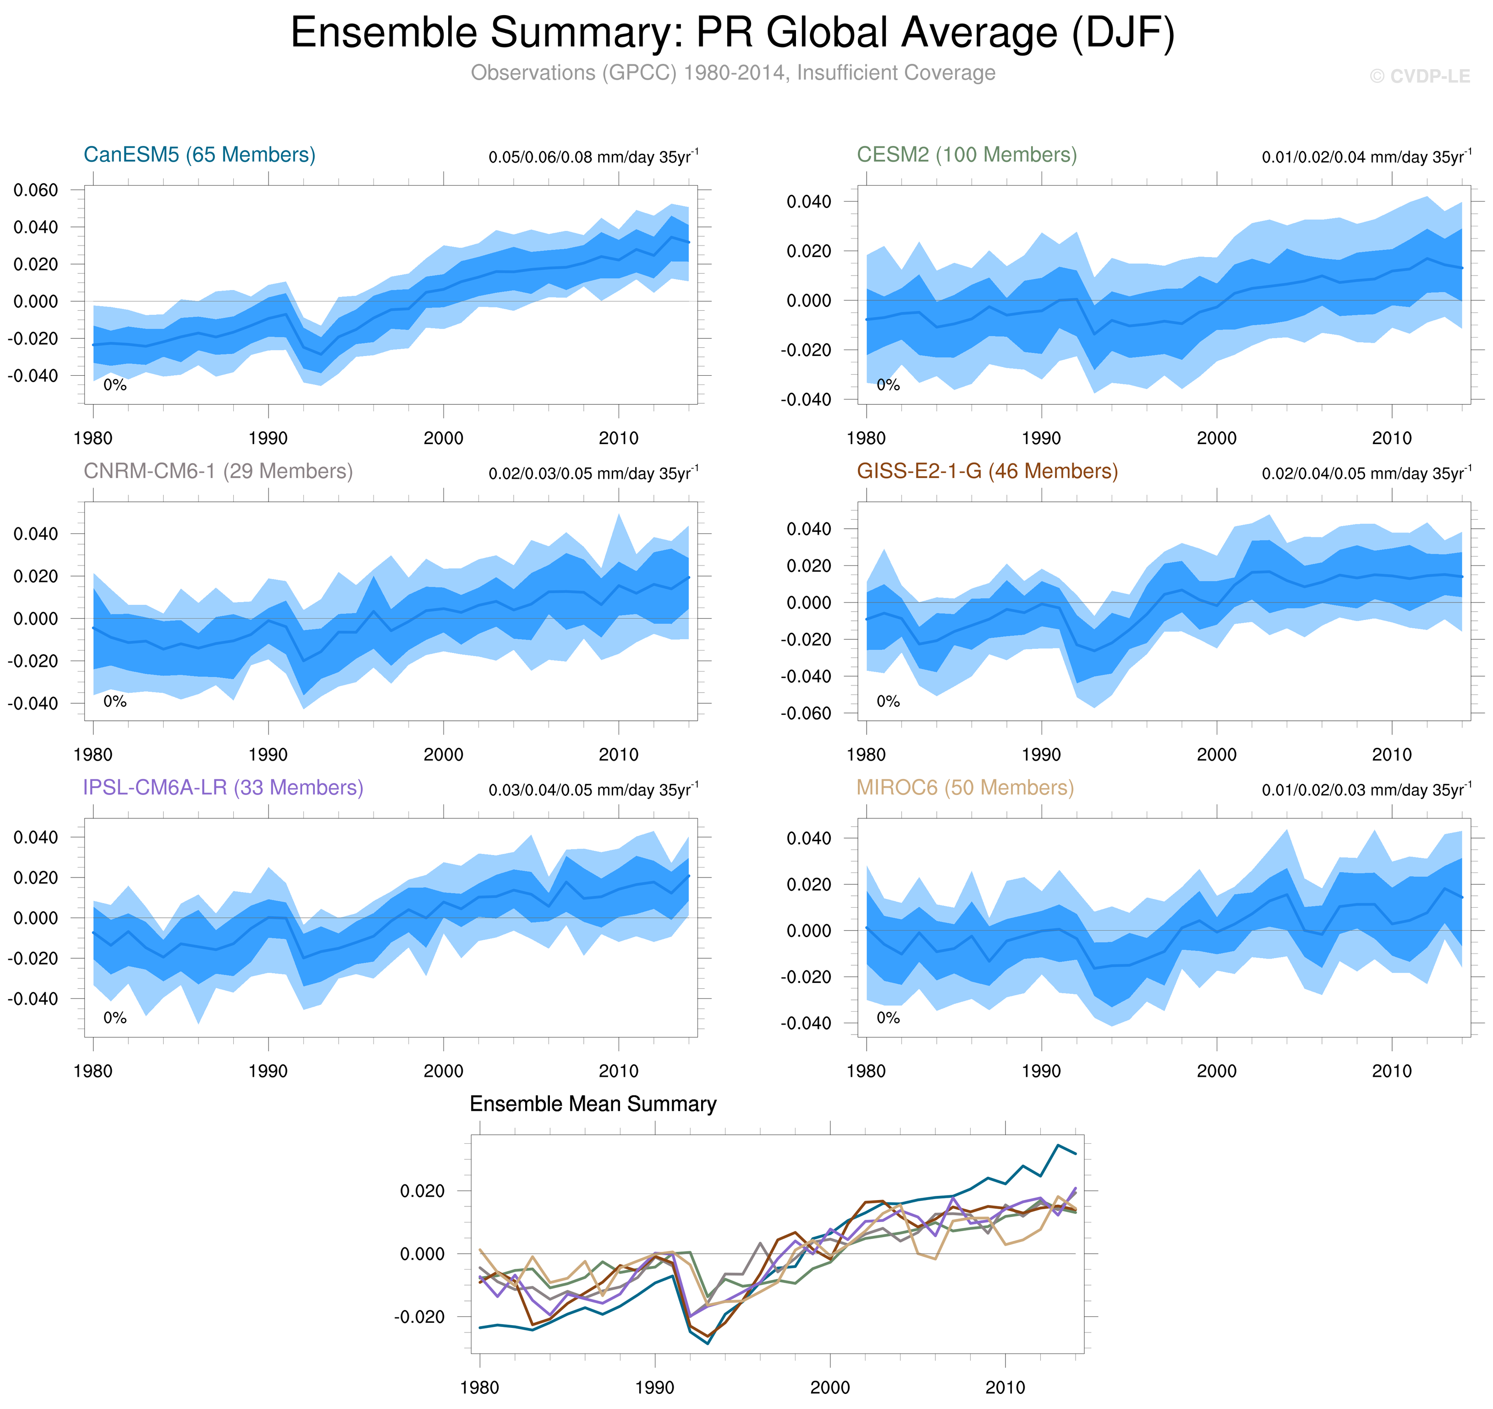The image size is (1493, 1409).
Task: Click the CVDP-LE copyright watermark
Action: click(x=1419, y=77)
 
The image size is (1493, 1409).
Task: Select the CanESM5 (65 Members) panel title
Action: click(x=199, y=155)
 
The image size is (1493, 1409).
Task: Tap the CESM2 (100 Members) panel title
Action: click(x=966, y=155)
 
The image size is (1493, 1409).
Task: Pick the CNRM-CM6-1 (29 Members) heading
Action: click(x=218, y=471)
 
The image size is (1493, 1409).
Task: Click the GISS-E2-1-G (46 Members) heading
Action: click(x=987, y=471)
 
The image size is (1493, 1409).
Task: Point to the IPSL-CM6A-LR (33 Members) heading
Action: click(x=223, y=787)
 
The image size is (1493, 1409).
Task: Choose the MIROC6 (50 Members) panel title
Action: click(x=965, y=787)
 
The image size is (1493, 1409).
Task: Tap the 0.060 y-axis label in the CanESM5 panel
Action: click(x=36, y=190)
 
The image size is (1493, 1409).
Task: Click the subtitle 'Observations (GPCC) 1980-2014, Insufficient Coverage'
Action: click(x=732, y=73)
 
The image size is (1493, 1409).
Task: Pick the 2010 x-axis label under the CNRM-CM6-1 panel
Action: click(x=618, y=755)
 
